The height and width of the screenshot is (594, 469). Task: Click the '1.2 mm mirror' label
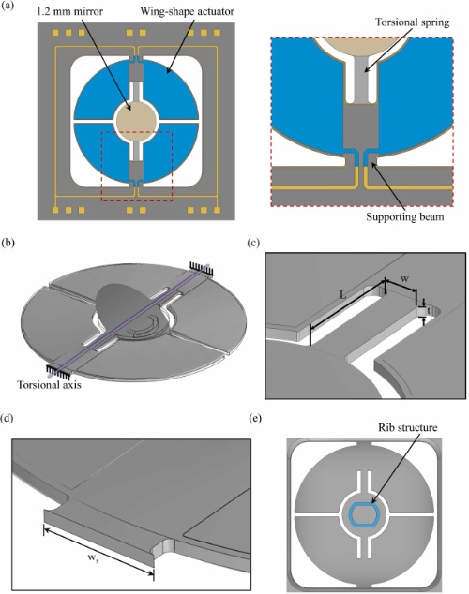[69, 12]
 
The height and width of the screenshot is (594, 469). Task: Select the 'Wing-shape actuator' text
[188, 11]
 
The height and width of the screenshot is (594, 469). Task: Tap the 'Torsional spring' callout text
[412, 22]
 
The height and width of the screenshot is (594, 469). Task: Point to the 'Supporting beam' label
[404, 217]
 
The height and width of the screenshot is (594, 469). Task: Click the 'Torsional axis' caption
[49, 385]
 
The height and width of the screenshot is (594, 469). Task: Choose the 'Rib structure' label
[408, 427]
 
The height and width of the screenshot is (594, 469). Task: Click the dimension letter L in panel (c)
[342, 296]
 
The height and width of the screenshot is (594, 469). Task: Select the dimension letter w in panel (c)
[404, 279]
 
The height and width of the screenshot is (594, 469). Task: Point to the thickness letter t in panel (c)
[429, 310]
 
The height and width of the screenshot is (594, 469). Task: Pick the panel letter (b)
[8, 243]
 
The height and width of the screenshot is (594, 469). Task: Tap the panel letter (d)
[8, 418]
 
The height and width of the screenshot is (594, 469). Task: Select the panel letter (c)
[253, 243]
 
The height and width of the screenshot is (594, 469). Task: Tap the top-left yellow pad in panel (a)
[56, 33]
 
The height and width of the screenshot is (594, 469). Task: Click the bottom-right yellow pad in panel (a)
[217, 210]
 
